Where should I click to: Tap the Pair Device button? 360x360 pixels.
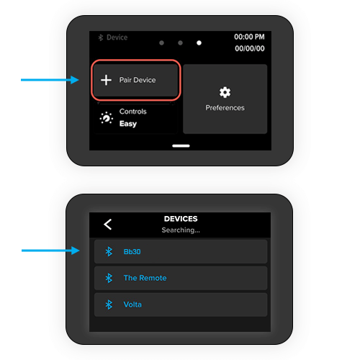tap(136, 80)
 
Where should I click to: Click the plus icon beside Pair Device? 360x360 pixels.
tap(106, 80)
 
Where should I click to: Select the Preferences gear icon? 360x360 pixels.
tap(225, 92)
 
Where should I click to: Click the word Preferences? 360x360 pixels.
tap(225, 108)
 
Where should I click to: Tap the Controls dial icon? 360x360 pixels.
tap(107, 118)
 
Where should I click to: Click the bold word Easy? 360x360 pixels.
tap(128, 124)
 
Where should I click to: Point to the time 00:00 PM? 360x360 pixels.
tap(249, 37)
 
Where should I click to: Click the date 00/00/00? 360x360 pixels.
tap(250, 48)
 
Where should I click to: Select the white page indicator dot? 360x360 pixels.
tap(199, 42)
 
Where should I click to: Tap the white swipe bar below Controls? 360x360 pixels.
tap(181, 145)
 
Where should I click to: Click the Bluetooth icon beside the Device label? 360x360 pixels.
tap(101, 37)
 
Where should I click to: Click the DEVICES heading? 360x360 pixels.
tap(181, 219)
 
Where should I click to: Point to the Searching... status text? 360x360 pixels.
tap(181, 230)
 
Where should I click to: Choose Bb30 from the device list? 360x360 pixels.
tap(132, 251)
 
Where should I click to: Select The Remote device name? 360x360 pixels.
tap(145, 278)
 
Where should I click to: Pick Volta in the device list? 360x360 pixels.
tap(132, 305)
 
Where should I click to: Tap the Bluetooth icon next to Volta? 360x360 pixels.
tap(109, 305)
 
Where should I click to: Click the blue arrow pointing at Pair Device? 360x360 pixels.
tap(50, 80)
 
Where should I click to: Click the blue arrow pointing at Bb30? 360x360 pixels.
tap(50, 251)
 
